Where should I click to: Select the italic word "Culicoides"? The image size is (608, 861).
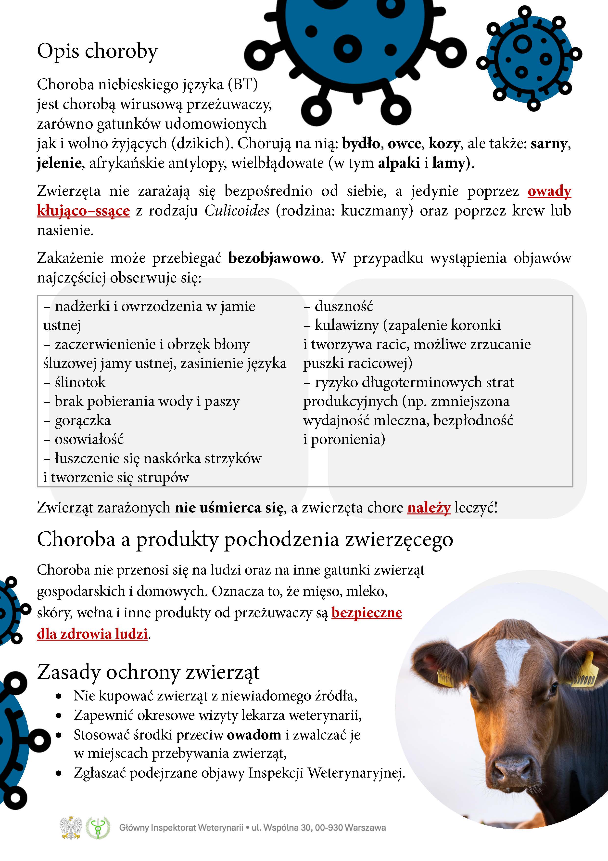pyautogui.click(x=237, y=211)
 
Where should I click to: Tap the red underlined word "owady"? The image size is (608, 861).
pyautogui.click(x=549, y=191)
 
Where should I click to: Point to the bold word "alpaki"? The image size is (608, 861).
pyautogui.click(x=399, y=163)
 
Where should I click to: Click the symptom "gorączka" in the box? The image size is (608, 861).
pyautogui.click(x=82, y=420)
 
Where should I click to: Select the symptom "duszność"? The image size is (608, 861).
pyautogui.click(x=344, y=306)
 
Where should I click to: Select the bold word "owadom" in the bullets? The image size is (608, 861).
pyautogui.click(x=254, y=734)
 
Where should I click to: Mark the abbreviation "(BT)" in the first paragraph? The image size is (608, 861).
pyautogui.click(x=243, y=84)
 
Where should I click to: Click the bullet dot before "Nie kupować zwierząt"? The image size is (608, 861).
pyautogui.click(x=59, y=696)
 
